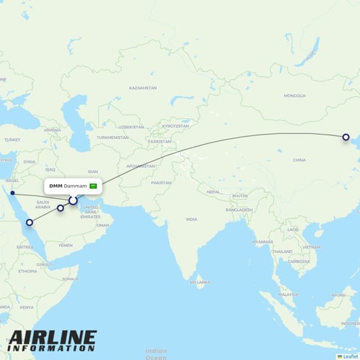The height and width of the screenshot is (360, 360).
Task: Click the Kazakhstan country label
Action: pos(143,88)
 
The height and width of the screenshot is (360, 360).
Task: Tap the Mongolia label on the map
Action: pos(294,96)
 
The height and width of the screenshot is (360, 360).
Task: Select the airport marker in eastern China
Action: pos(346,137)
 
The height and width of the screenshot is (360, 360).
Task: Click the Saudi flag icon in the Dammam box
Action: pos(93,186)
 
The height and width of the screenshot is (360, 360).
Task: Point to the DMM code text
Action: pos(55,186)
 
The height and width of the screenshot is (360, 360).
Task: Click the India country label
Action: pos(191,219)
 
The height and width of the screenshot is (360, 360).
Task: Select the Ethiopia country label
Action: pos(28,271)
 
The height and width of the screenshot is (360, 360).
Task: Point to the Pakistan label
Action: pos(161,183)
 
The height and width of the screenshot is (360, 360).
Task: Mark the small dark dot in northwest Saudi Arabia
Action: pos(12,193)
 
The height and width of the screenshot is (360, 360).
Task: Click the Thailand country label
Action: pos(282,251)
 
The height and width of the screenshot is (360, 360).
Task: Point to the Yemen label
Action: pos(66,245)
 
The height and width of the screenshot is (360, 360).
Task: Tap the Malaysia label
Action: pos(288,294)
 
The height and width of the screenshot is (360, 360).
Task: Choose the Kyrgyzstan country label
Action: pos(175,125)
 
